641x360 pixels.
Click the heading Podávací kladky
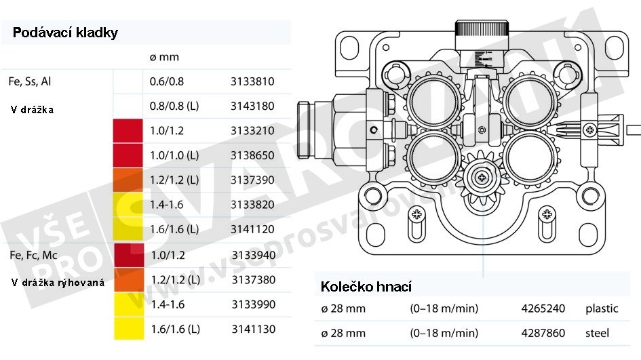click(65, 33)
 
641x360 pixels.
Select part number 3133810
click(252, 81)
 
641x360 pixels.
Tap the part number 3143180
click(252, 106)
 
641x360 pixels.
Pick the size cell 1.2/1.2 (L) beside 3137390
click(174, 180)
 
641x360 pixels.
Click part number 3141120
click(252, 229)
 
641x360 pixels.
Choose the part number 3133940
click(254, 256)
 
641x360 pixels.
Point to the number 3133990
click(254, 304)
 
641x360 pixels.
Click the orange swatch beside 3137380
click(129, 280)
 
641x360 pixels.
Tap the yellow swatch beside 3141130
click(129, 328)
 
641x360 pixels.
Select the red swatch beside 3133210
click(128, 131)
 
